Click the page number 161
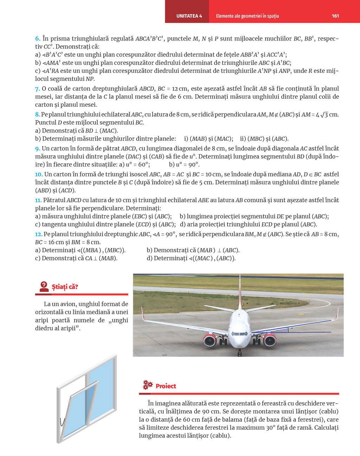pos(335,16)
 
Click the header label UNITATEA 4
pos(189,16)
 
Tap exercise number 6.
pos(38,38)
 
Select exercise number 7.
pos(38,89)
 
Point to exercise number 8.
pos(38,115)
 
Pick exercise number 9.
pos(38,149)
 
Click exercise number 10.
pos(39,174)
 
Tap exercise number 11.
pos(38,200)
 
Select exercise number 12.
pos(39,234)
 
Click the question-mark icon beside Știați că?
pos(44,286)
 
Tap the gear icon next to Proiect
pos(148,385)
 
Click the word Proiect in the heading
pos(166,386)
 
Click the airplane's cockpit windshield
pos(240,333)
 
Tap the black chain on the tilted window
pos(62,422)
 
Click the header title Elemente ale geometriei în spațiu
pos(247,16)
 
